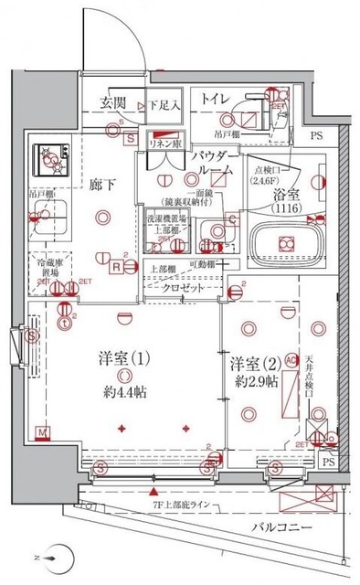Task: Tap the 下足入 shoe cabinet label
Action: click(x=164, y=102)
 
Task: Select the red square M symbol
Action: click(x=42, y=431)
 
